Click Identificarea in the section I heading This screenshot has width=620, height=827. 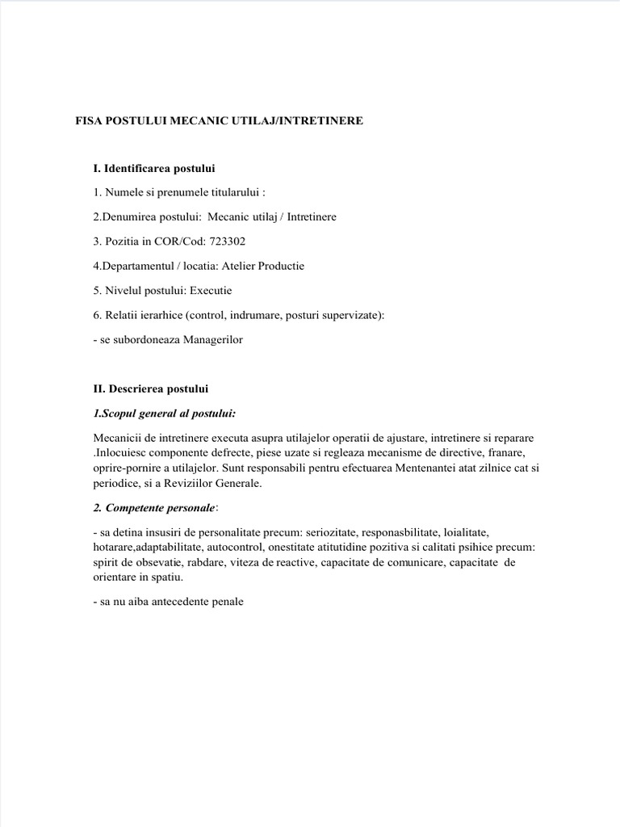click(142, 168)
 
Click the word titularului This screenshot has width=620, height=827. click(232, 193)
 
